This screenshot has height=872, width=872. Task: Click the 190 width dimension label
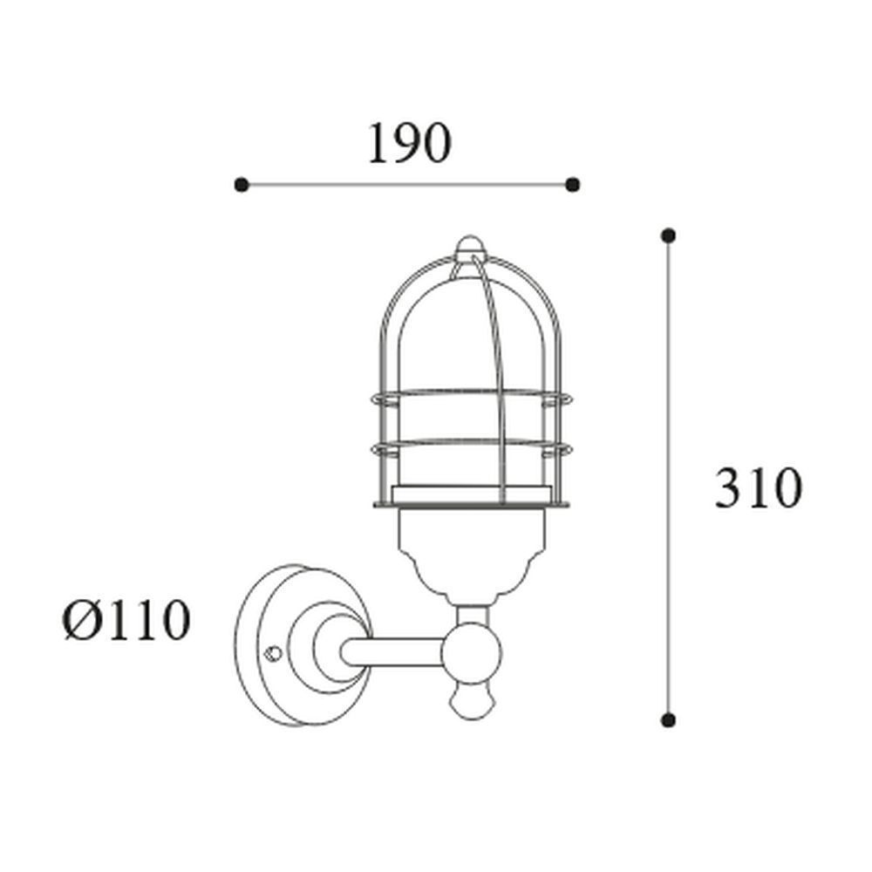[x=408, y=144]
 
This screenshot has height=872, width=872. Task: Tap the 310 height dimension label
[x=757, y=488]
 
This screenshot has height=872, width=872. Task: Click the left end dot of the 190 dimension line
[x=242, y=184]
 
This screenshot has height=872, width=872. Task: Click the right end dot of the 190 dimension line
[x=572, y=184]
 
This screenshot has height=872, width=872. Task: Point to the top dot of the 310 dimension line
[x=668, y=235]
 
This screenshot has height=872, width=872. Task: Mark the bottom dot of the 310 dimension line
[x=668, y=719]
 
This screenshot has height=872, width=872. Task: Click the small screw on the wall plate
[x=274, y=651]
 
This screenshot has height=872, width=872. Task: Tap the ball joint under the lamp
[x=472, y=650]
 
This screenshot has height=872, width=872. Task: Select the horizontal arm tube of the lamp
[x=392, y=651]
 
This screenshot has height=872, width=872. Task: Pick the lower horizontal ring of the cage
[x=471, y=447]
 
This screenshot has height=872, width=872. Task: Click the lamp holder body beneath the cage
[x=471, y=549]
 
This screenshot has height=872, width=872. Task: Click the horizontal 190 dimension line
[x=407, y=184]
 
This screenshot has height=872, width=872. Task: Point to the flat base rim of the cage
[x=471, y=505]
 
